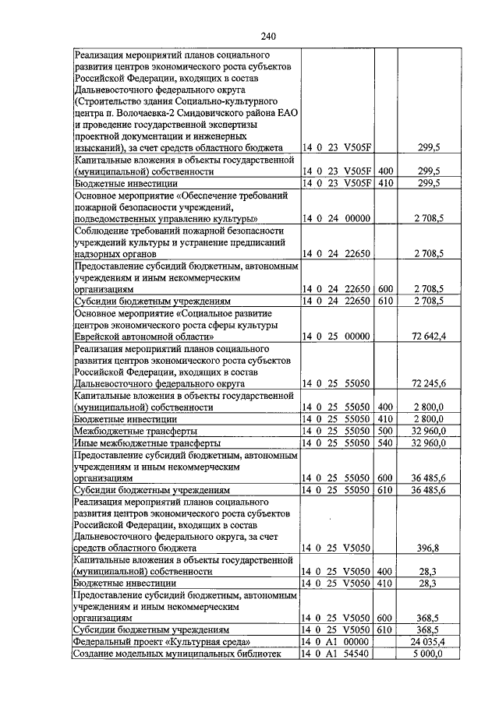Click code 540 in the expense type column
tap(384, 442)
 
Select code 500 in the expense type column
tap(384, 431)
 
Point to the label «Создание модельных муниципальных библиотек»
tap(176, 654)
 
